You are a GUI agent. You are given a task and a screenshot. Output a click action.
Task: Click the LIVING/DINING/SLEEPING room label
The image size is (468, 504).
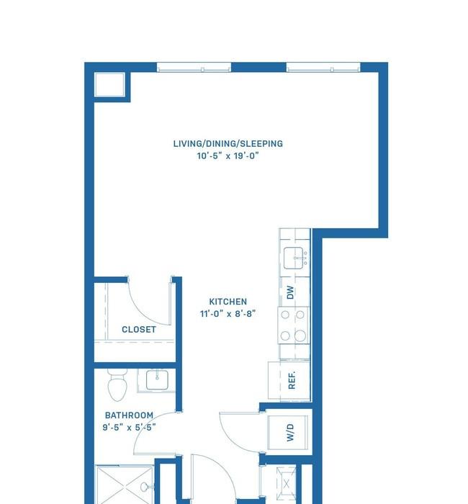[x=228, y=144]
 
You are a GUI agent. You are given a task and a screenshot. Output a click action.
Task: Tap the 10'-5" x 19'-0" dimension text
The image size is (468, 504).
[x=228, y=156]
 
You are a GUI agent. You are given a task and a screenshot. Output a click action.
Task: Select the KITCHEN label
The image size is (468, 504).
[x=228, y=302]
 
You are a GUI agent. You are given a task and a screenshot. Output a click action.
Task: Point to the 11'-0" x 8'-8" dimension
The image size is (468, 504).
[x=228, y=313]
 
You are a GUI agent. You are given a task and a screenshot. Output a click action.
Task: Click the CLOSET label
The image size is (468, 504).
[x=139, y=330]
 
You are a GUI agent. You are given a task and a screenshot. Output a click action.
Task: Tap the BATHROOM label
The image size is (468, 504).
[x=129, y=415]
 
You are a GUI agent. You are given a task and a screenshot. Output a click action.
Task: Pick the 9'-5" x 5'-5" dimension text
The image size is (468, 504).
[x=129, y=428]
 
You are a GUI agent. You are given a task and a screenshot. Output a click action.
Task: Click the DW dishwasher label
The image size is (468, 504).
[x=290, y=292]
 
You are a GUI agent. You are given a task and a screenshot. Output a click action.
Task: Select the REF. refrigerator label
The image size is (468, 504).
[x=292, y=380]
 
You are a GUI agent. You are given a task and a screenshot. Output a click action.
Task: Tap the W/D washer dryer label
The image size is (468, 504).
[x=290, y=432]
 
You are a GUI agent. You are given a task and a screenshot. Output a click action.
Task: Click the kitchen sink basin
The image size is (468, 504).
[x=294, y=258]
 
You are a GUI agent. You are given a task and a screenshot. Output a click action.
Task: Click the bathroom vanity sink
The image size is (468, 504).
[x=157, y=380]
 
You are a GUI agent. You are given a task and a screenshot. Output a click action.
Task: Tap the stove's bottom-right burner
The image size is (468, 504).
[x=300, y=336]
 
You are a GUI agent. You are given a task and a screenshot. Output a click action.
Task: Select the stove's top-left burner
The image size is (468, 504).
[x=285, y=315]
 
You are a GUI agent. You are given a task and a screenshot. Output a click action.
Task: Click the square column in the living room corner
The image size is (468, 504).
[x=109, y=85]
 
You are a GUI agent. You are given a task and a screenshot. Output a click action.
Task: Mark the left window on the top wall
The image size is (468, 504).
[x=194, y=68]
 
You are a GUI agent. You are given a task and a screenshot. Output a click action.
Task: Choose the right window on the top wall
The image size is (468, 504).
[x=323, y=68]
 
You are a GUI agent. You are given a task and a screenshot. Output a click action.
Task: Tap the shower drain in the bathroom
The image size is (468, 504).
[x=144, y=487]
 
